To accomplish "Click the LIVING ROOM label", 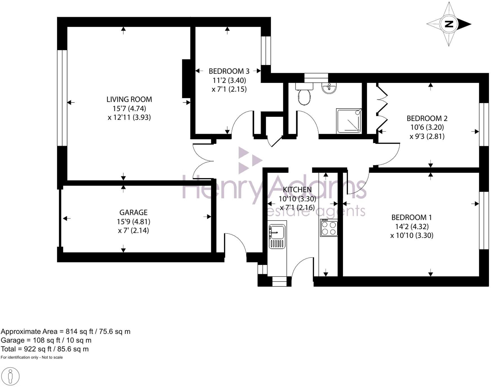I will click(x=129, y=99).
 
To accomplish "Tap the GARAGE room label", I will click(x=133, y=212).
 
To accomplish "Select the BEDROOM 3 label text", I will click(x=229, y=71).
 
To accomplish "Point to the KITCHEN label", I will click(x=297, y=190).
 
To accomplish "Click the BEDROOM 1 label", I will click(x=411, y=217).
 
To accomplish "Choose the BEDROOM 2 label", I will click(x=427, y=118).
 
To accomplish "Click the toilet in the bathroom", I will click(x=304, y=94).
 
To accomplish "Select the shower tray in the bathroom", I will click(x=349, y=121).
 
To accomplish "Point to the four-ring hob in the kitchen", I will click(x=329, y=228).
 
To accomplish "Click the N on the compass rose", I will click(x=449, y=24).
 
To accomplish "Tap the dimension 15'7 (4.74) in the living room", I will click(x=129, y=108).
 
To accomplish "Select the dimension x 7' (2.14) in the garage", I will click(x=133, y=231).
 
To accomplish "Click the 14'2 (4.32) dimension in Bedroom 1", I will click(x=411, y=226).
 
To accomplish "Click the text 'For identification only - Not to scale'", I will click(x=32, y=357).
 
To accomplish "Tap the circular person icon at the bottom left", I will click(x=11, y=376).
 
